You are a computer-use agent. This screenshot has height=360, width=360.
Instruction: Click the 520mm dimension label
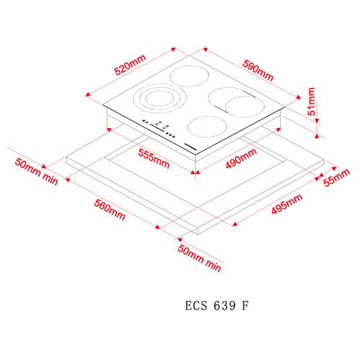pos(130,65)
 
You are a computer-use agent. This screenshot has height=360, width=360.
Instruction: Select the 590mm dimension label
pos(258,70)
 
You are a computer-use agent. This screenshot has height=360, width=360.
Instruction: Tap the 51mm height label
pos(311,102)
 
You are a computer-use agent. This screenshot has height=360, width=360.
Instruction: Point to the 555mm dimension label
pos(154,158)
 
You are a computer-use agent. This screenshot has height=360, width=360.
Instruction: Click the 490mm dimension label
pos(241,158)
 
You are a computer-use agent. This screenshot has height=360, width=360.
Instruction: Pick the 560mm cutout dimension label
pos(109,210)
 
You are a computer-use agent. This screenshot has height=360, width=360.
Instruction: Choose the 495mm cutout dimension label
pos(287,204)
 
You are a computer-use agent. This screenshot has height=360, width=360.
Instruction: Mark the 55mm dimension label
pos(336,177)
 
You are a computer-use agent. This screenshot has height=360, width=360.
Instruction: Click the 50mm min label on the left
pos(37,171)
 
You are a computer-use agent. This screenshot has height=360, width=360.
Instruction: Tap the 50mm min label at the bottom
pos(199,258)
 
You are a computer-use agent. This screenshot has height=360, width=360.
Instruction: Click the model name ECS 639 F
pos(217,305)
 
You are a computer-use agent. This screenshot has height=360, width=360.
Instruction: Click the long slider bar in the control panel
pos(157,128)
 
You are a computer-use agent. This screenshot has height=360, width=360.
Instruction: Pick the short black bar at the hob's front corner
pos(190,147)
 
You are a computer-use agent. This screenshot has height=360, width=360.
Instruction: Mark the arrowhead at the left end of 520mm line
pos(88,94)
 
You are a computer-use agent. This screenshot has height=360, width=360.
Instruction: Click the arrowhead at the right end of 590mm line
pos(298,97)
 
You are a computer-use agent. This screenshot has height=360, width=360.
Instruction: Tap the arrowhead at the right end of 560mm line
pos(158,227)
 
